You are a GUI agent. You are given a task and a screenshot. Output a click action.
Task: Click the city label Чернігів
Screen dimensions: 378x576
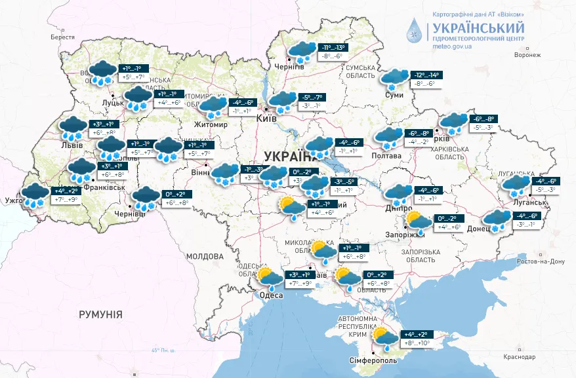click(290, 67)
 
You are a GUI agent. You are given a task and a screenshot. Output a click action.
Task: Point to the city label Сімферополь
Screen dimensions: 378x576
click(373, 361)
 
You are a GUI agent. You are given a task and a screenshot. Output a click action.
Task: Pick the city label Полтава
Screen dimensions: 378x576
click(387, 156)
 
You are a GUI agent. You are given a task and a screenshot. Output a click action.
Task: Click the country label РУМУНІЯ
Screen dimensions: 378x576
click(100, 315)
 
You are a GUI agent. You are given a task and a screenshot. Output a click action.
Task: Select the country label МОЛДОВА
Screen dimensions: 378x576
click(205, 257)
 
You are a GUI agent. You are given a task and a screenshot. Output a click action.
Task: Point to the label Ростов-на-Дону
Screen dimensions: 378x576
click(541, 261)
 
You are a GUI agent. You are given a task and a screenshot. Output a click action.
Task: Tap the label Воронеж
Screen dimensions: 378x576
click(527, 55)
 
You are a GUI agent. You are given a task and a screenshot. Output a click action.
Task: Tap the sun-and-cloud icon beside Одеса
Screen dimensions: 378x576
click(269, 278)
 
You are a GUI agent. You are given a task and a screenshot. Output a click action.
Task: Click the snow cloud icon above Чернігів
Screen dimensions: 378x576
click(302, 52)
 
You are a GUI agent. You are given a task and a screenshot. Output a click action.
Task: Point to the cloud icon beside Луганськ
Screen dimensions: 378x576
click(516, 185)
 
